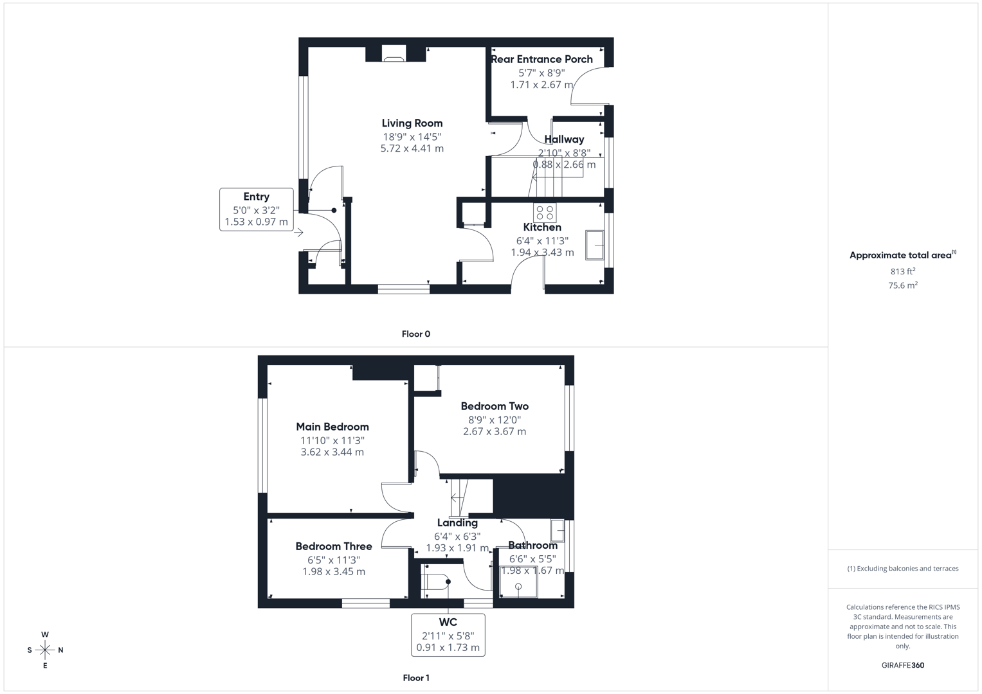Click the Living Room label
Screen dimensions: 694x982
pyautogui.click(x=412, y=123)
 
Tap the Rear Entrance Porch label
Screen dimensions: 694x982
pyautogui.click(x=541, y=59)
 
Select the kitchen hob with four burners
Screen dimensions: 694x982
pyautogui.click(x=545, y=213)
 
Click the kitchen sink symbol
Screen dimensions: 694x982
pyautogui.click(x=594, y=245)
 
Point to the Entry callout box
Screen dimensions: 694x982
pyautogui.click(x=256, y=209)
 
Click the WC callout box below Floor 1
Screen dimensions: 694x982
pyautogui.click(x=448, y=635)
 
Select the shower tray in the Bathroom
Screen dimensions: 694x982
pyautogui.click(x=518, y=583)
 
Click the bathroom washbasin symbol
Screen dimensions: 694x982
pyautogui.click(x=557, y=531)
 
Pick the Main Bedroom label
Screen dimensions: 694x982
pyautogui.click(x=332, y=427)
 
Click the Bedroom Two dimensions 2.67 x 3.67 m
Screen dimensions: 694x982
pyautogui.click(x=494, y=431)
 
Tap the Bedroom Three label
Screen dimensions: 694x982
pyautogui.click(x=334, y=546)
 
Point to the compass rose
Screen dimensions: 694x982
pyautogui.click(x=45, y=650)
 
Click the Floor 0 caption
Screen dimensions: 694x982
pyautogui.click(x=415, y=334)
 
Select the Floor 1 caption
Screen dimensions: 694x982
pyautogui.click(x=415, y=678)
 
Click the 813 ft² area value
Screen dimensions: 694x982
pyautogui.click(x=902, y=271)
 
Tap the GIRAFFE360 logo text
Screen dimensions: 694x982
pyautogui.click(x=902, y=665)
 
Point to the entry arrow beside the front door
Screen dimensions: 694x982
pyautogui.click(x=299, y=233)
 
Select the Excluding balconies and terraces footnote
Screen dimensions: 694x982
pyautogui.click(x=902, y=569)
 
